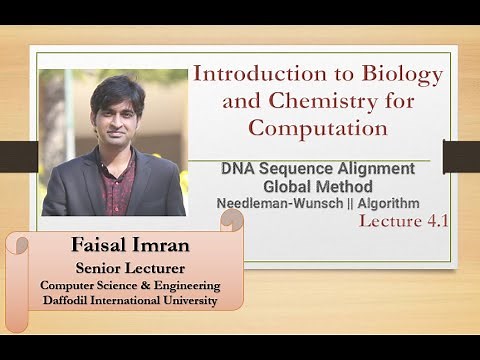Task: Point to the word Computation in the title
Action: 317,128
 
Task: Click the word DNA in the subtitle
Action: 237,170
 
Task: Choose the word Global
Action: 289,187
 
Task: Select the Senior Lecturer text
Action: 125,268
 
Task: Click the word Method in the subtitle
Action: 345,187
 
